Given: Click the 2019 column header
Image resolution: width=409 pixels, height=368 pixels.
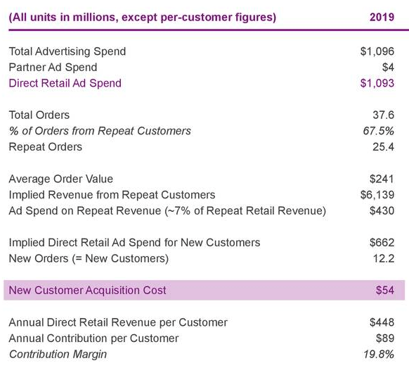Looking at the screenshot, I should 382,16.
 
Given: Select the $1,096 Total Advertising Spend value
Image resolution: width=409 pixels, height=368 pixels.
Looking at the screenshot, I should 377,51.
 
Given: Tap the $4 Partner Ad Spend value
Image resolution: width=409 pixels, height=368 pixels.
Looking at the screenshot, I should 387,68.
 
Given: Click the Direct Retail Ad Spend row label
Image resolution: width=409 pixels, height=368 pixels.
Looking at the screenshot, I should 65,83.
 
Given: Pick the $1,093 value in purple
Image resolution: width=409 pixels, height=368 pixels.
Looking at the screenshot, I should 377,83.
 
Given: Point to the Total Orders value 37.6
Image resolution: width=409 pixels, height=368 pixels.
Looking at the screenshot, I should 383,115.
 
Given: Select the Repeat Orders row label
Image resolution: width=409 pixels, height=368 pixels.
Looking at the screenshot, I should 45,146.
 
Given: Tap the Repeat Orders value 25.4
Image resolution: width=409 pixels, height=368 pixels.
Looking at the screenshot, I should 383,146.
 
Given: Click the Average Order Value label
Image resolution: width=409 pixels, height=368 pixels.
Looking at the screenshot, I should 60,179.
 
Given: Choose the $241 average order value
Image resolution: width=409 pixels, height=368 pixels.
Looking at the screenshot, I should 382,179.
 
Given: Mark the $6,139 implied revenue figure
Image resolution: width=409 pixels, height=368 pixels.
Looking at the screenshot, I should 377,194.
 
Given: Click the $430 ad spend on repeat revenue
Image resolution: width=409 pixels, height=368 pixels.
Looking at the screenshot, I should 382,210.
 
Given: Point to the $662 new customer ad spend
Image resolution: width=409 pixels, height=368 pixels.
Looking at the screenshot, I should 382,242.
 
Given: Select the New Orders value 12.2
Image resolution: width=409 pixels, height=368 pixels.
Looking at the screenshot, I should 383,258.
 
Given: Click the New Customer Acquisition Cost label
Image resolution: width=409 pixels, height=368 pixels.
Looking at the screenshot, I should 88,290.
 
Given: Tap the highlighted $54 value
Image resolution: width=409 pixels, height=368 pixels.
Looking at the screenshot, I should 384,290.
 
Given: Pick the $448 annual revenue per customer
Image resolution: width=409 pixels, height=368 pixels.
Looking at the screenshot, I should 382,322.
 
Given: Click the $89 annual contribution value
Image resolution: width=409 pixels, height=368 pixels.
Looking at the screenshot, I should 384,338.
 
